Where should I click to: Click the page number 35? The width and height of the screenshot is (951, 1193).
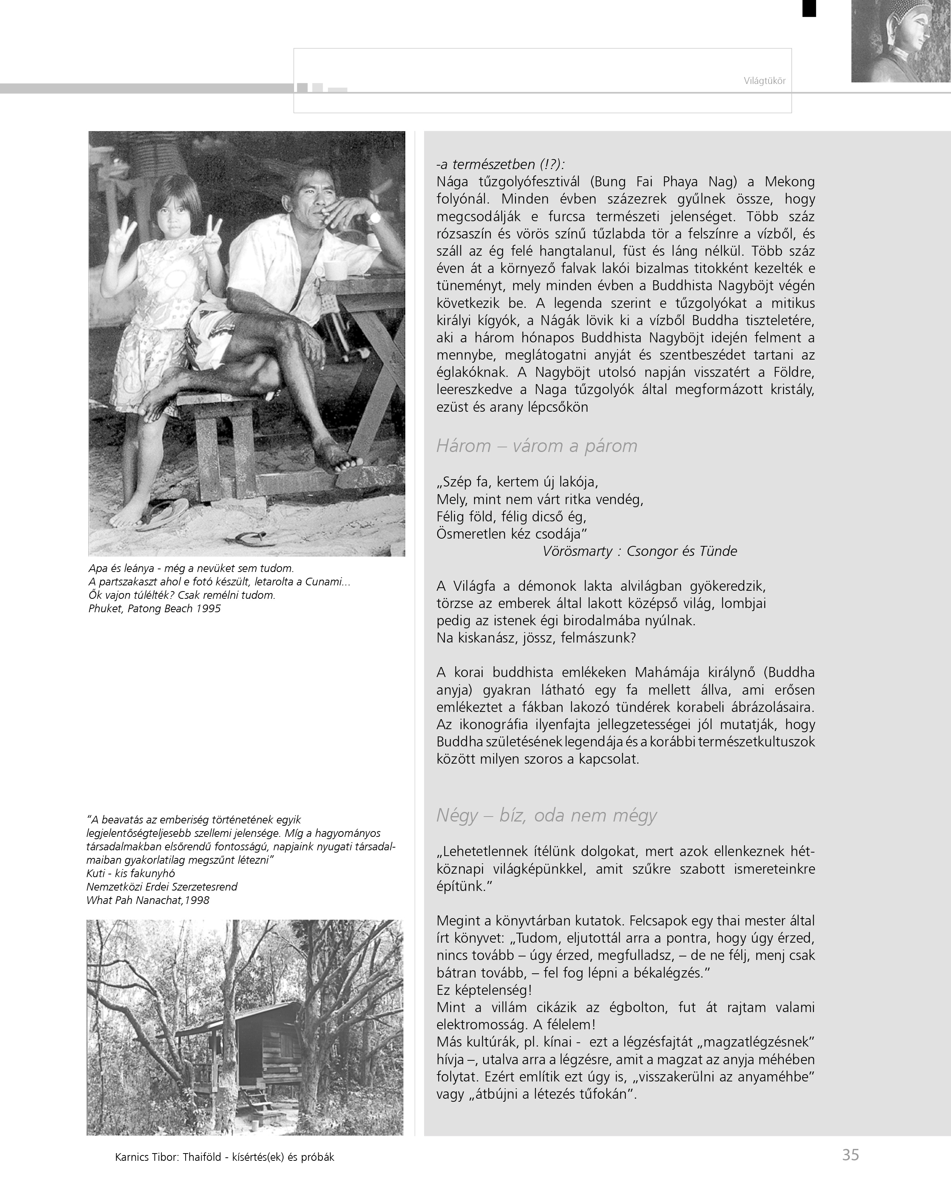tap(850, 1155)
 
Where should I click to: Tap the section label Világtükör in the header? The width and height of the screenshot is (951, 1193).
tap(765, 81)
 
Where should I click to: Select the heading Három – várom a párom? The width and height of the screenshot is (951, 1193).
tap(536, 446)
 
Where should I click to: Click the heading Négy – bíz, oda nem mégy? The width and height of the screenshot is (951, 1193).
tap(546, 815)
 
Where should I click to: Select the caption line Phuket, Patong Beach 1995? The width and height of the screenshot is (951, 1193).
tap(155, 609)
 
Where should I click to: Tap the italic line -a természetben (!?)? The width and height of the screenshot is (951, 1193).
tap(500, 164)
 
